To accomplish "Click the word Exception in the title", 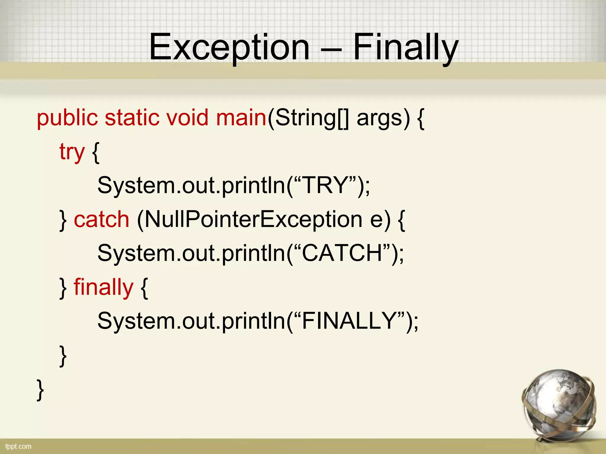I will click(x=229, y=47).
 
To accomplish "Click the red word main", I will click(x=241, y=118).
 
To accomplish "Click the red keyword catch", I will click(x=101, y=220).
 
